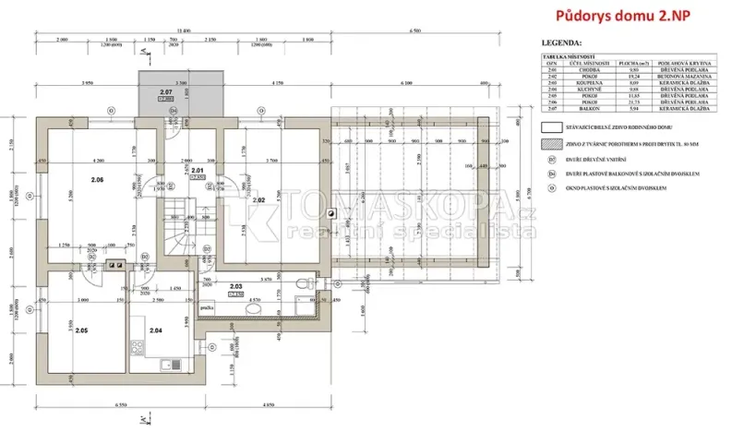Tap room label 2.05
[x=81, y=330]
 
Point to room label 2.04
[x=156, y=330]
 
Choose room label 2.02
[x=259, y=199]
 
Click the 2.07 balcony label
[x=166, y=92]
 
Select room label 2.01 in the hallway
[x=196, y=171]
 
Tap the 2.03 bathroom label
[x=235, y=287]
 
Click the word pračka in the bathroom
[x=209, y=307]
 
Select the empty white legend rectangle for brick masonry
[x=551, y=127]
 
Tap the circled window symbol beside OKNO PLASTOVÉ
[x=552, y=186]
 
